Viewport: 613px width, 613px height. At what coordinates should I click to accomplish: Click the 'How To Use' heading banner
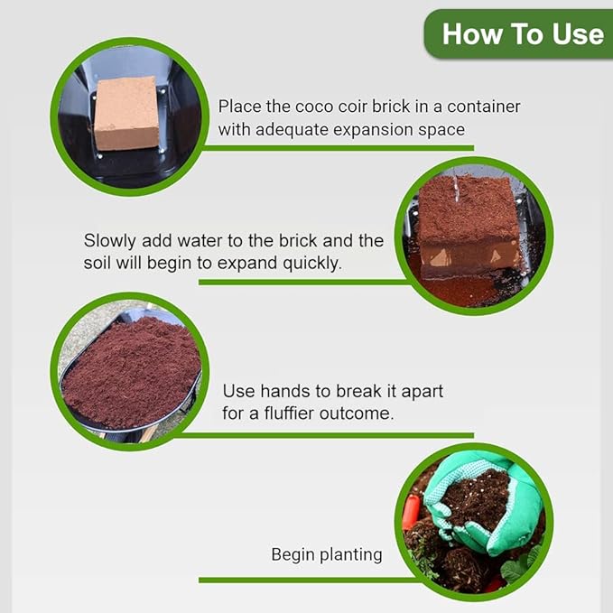tap(521, 34)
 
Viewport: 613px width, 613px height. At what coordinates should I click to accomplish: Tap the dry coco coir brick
tap(126, 113)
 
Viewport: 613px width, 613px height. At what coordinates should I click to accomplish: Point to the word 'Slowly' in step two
tap(112, 241)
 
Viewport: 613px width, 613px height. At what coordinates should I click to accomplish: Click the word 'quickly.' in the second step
tap(313, 264)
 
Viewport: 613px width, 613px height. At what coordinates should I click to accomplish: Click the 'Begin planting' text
tap(327, 554)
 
